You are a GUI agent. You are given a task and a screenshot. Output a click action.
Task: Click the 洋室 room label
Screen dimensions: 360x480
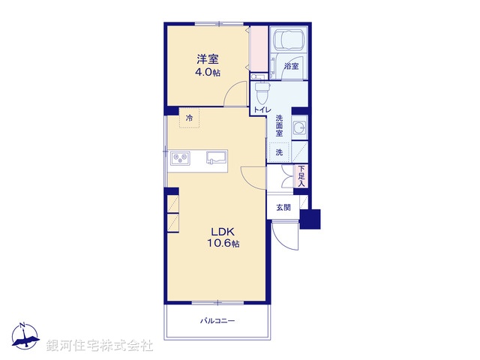point(208,58)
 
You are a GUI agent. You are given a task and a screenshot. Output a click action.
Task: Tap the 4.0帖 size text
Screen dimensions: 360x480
point(208,73)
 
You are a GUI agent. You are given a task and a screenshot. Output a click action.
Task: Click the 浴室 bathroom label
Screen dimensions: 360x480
point(292,67)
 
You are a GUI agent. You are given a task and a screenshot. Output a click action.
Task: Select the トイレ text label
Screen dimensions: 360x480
point(262,110)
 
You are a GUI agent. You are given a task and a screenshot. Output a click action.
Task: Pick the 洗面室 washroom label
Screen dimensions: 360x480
point(279,128)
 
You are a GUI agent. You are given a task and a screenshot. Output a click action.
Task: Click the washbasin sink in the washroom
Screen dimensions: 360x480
point(299,128)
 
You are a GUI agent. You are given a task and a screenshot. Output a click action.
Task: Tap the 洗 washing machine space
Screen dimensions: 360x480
point(279,152)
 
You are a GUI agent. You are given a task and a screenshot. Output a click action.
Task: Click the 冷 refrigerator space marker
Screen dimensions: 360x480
point(190,118)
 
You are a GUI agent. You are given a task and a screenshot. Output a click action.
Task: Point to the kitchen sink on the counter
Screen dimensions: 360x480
point(217,158)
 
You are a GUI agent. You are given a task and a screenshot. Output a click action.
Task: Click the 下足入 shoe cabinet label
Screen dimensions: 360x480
point(301,175)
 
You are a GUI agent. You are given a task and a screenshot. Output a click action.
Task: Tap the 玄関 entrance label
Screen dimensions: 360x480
point(283,207)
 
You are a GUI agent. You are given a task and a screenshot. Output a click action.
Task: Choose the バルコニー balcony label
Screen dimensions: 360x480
point(217,321)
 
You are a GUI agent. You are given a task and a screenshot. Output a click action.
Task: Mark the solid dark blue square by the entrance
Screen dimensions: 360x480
point(310,218)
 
